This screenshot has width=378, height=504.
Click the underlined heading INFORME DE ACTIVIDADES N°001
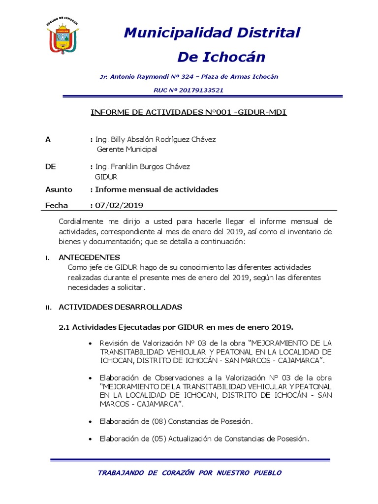point(189,112)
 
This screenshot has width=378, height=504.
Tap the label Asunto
point(59,189)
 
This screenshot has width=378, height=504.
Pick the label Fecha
point(57,205)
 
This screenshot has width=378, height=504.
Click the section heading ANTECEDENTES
point(89,257)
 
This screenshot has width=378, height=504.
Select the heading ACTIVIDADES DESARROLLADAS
point(121,307)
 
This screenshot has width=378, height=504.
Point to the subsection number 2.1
point(64,327)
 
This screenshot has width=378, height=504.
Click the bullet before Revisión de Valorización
point(89,343)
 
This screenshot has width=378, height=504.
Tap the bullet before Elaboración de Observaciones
point(89,378)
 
